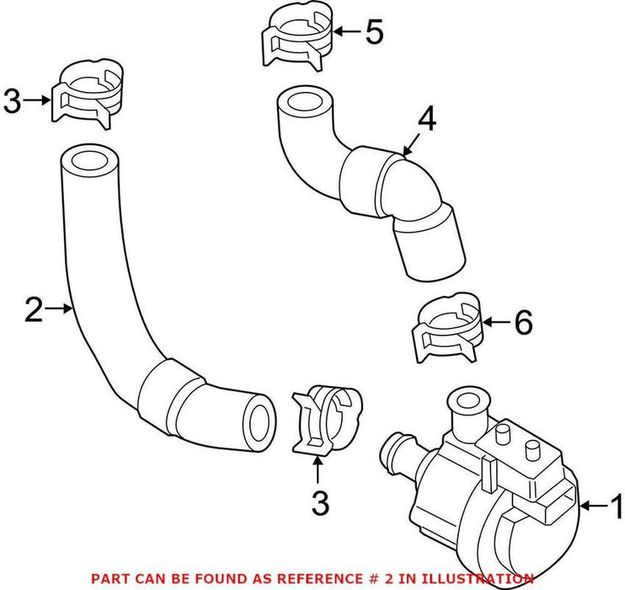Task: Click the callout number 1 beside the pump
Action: (x=615, y=507)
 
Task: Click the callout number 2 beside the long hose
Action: (x=33, y=310)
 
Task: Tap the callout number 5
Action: (x=372, y=33)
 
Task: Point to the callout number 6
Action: (x=523, y=323)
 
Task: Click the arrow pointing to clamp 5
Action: (x=347, y=33)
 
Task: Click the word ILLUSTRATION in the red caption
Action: (x=481, y=578)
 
